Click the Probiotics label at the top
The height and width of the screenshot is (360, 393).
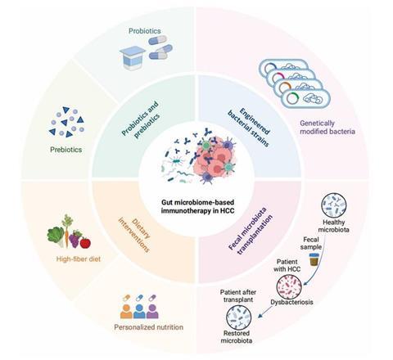(x=145, y=31)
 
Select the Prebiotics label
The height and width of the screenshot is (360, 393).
(x=66, y=150)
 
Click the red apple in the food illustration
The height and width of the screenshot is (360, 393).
(x=85, y=243)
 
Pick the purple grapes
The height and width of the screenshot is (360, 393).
(x=75, y=239)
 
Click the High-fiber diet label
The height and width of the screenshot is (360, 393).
(x=79, y=259)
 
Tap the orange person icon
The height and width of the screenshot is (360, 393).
(x=126, y=311)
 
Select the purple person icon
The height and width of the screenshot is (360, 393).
(x=152, y=311)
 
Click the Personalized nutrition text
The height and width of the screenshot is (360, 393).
(x=149, y=327)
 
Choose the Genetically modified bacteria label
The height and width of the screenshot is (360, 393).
(x=327, y=128)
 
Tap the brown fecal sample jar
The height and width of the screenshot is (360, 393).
(x=313, y=259)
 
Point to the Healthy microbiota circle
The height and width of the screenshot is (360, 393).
(x=334, y=205)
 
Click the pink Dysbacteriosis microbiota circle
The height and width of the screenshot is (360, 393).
(x=289, y=286)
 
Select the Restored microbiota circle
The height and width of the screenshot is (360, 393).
(x=238, y=317)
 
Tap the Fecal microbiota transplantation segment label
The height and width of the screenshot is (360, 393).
(x=251, y=231)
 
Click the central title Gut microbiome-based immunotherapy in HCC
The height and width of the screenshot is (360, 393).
(x=198, y=206)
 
